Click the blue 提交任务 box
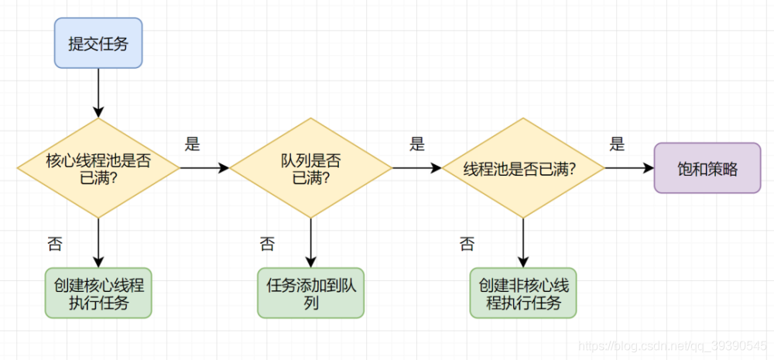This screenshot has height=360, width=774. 98,43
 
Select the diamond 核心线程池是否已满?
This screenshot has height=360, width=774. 98,168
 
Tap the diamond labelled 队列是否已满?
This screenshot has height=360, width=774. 310,168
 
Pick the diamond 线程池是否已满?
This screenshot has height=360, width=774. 522,168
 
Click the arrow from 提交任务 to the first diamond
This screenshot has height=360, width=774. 98,92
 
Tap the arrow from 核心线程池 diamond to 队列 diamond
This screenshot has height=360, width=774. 204,168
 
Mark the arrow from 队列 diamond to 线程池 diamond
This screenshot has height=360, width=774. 416,168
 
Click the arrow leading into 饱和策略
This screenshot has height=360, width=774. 628,168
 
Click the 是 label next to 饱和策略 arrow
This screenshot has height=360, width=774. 617,143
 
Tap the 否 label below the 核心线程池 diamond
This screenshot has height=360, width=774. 55,245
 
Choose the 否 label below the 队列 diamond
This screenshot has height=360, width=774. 267,245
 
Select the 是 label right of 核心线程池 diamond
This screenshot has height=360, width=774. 193,143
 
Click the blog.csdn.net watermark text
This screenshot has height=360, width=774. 673,343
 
